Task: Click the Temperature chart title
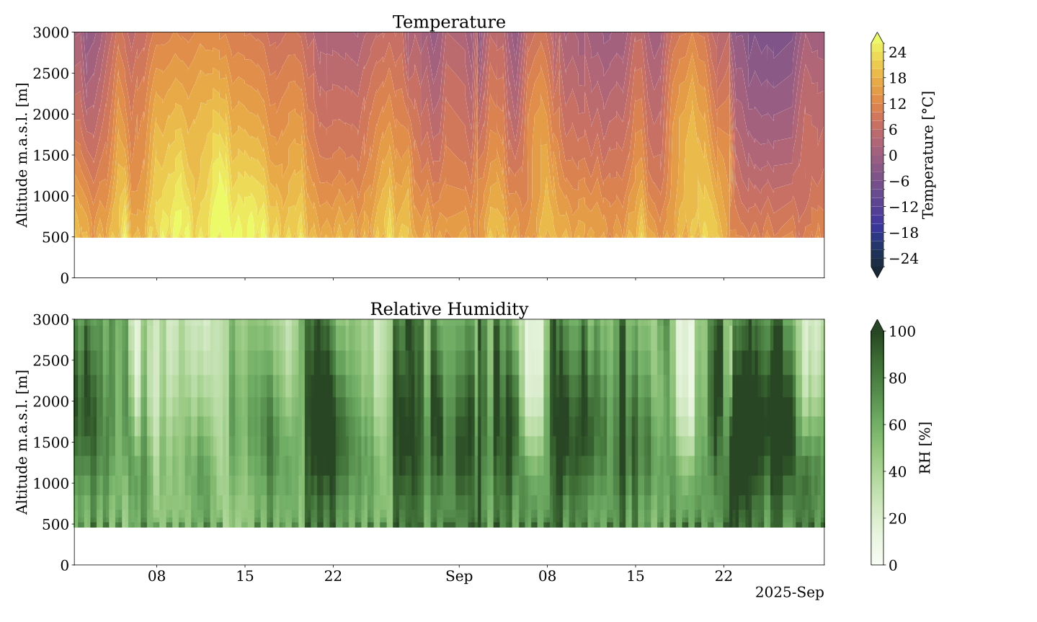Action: [448, 22]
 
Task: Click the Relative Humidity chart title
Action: [448, 309]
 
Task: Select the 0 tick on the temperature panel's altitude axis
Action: [64, 278]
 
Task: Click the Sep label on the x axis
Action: [459, 577]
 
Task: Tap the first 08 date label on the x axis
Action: [156, 577]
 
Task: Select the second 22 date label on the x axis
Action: [724, 577]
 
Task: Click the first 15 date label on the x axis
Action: [245, 577]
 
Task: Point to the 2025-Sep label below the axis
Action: [789, 593]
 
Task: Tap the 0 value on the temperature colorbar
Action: [893, 156]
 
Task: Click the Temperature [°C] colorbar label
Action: [928, 154]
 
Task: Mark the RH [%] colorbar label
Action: [925, 448]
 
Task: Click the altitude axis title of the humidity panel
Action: [22, 442]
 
